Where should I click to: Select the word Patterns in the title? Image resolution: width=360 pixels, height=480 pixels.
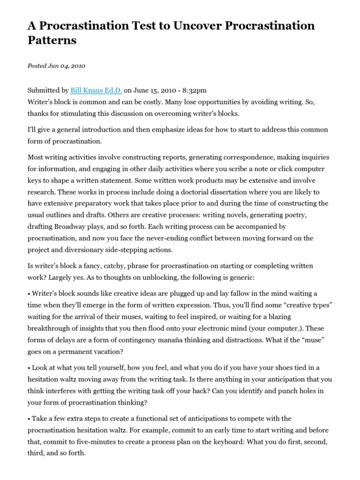click(x=52, y=41)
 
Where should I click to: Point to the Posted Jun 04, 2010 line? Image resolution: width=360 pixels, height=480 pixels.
click(x=56, y=66)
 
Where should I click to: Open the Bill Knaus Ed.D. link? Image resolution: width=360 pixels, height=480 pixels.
click(x=96, y=90)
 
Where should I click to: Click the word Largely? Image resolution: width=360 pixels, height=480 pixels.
click(x=62, y=277)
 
